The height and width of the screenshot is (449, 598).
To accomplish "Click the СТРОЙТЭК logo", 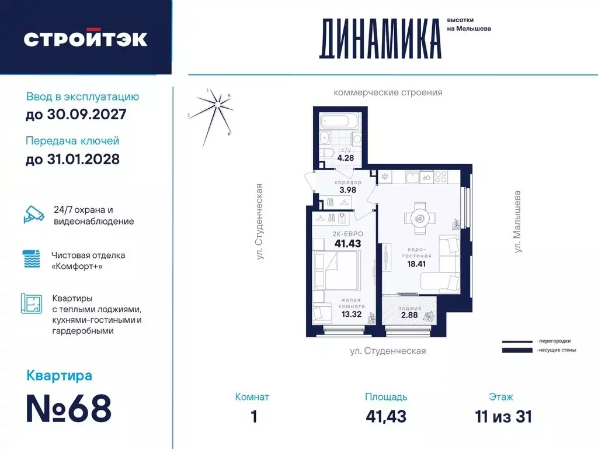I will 85,39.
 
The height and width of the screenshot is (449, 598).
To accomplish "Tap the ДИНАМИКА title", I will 380,39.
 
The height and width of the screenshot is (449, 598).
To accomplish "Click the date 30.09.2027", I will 76,114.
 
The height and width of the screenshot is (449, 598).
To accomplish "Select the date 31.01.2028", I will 72,158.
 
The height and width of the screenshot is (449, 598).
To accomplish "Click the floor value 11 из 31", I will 503,416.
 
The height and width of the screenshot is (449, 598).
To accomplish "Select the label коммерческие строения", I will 388,92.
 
